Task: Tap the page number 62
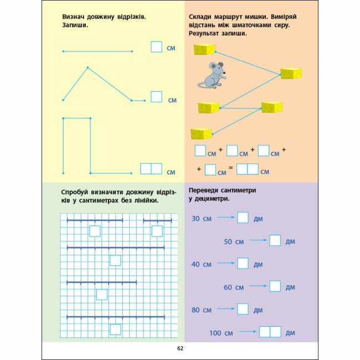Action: tap(180, 348)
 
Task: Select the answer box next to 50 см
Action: tap(275, 241)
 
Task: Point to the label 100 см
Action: tap(221, 333)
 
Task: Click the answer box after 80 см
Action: tap(243, 309)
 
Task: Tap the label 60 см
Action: tap(233, 287)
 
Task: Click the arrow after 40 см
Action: tap(224, 264)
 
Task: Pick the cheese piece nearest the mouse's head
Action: tap(204, 49)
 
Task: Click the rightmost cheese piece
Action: tap(291, 73)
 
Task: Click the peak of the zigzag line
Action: tap(88, 68)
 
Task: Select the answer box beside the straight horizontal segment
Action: tap(156, 47)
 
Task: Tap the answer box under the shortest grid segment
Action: tap(157, 231)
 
